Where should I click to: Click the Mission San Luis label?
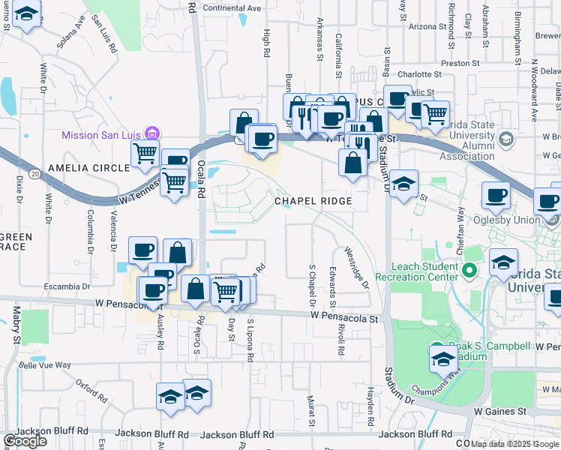pos(101,135)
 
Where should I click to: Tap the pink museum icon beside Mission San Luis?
pos(151,134)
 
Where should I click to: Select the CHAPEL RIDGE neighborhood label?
pos(313,202)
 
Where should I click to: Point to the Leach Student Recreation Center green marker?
pos(470,270)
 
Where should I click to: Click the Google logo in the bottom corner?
pos(25,442)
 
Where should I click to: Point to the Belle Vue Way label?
pos(45,365)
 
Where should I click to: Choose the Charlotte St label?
pos(419,74)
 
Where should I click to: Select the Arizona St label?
pos(427,26)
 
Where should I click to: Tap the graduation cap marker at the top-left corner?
pos(28,16)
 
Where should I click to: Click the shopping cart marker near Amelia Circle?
pos(145,153)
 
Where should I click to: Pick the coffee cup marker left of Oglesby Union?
pos(496,197)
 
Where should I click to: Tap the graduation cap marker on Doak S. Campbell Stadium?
pos(441,358)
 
